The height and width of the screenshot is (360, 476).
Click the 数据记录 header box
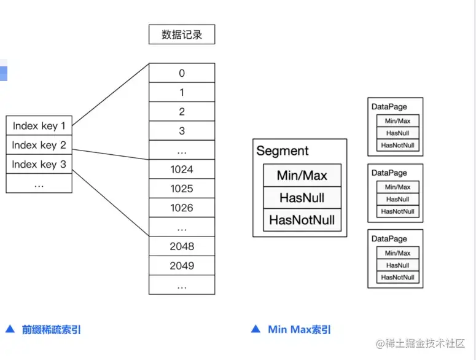(182, 34)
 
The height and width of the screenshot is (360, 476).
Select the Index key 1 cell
(39, 126)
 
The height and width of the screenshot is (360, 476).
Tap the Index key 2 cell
(39, 145)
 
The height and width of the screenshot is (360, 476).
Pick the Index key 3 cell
(39, 164)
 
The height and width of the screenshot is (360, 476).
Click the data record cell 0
(182, 73)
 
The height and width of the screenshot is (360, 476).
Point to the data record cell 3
(182, 131)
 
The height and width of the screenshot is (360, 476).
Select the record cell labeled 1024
(182, 170)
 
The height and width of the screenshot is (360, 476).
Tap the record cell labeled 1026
(182, 208)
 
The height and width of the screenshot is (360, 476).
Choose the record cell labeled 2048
(182, 246)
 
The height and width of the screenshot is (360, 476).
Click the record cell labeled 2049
(182, 265)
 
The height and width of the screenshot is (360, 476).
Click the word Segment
(283, 151)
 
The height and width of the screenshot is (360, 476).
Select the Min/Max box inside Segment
(302, 176)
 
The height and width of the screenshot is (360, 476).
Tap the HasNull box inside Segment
(302, 198)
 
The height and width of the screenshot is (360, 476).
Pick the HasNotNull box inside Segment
(302, 220)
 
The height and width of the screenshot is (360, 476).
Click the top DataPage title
(389, 107)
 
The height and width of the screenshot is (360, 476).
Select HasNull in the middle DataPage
(397, 199)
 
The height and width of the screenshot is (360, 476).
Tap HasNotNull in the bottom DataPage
(397, 277)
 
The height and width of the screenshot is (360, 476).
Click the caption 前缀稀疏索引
(52, 329)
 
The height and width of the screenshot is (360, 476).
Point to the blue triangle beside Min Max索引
(256, 329)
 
